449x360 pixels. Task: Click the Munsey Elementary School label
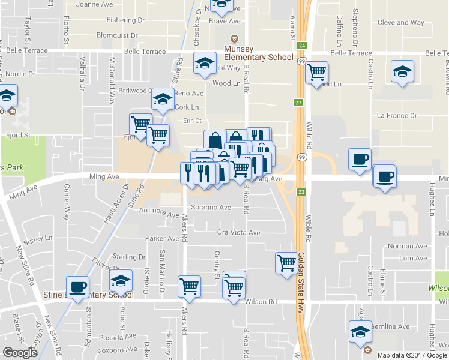pyautogui.click(x=258, y=53)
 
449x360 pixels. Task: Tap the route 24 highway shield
pyautogui.click(x=301, y=46)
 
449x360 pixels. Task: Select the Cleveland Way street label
pyautogui.click(x=402, y=23)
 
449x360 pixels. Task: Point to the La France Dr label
pyautogui.click(x=396, y=115)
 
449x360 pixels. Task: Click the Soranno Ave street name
pyautogui.click(x=211, y=208)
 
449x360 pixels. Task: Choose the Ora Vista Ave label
pyautogui.click(x=238, y=232)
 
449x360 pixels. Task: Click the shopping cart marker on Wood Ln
pyautogui.click(x=316, y=73)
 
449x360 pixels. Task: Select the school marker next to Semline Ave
pyautogui.click(x=361, y=331)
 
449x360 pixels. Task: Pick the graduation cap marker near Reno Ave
pyautogui.click(x=162, y=99)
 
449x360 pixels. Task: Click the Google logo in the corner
pyautogui.click(x=20, y=353)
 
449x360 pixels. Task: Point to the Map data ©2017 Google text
pyautogui.click(x=412, y=355)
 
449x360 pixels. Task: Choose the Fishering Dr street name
pyautogui.click(x=125, y=20)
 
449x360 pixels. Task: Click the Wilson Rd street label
pyautogui.click(x=261, y=302)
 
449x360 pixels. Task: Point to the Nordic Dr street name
pyautogui.click(x=23, y=74)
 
